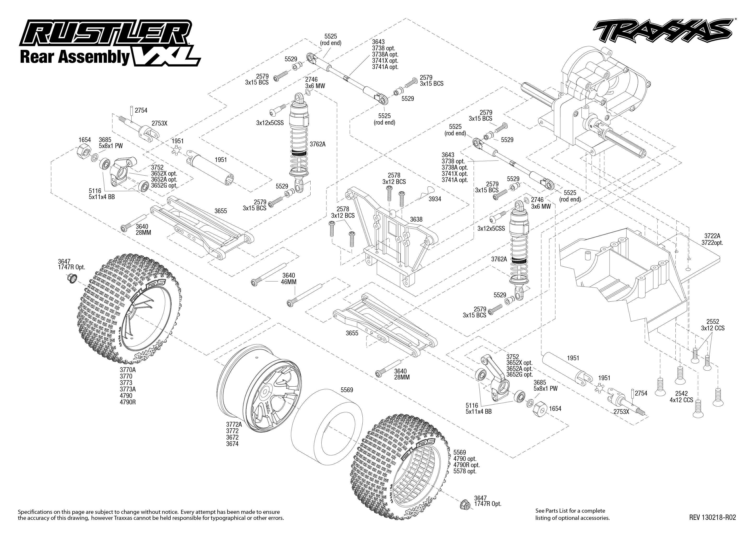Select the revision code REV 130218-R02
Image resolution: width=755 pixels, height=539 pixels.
pos(712,517)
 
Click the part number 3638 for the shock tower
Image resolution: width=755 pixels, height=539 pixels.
pos(416,219)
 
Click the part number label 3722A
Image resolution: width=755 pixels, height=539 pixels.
pos(712,236)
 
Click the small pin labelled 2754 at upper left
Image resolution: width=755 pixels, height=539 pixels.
pos(132,110)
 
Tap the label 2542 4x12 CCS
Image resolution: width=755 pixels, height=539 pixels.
pos(681,397)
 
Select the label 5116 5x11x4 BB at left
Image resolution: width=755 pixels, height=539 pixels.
pos(102,194)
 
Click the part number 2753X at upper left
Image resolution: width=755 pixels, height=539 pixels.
pos(159,123)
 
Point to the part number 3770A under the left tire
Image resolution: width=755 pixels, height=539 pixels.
pos(128,370)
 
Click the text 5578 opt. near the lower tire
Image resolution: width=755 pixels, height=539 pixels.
pos(465,471)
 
